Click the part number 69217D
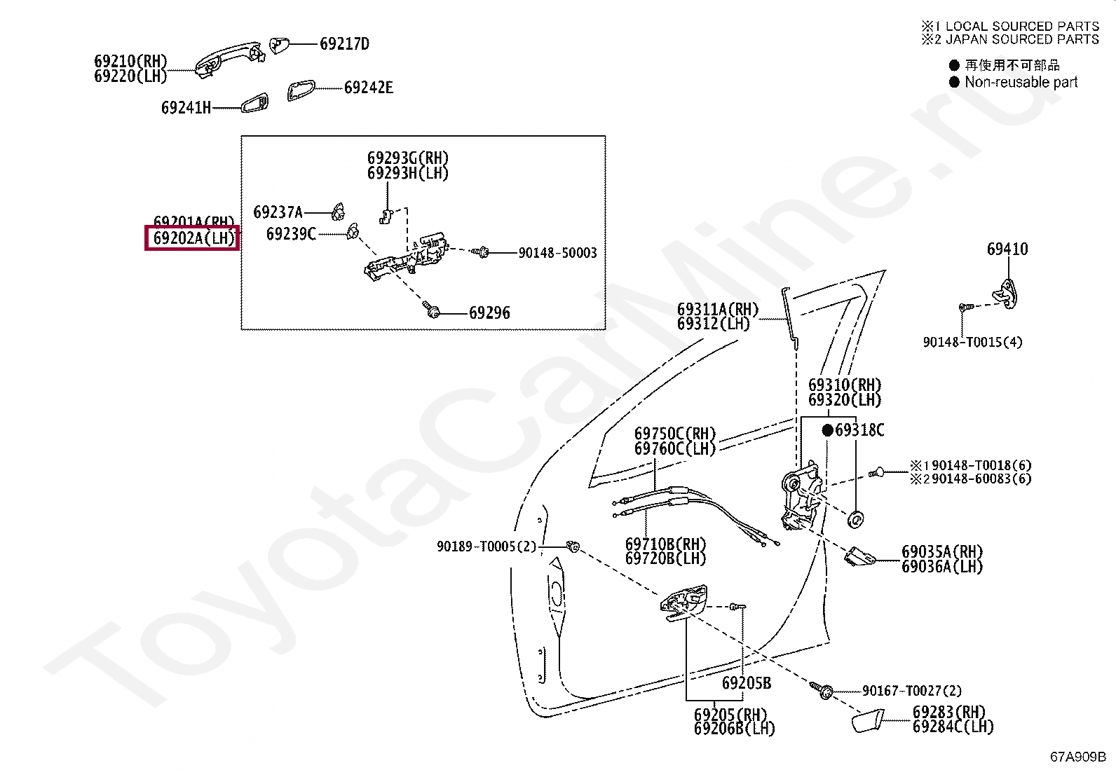click(344, 44)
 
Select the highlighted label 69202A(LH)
click(193, 238)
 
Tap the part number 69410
click(1007, 249)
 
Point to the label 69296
click(489, 313)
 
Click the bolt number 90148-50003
click(557, 253)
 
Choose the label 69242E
click(368, 88)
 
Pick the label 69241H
click(186, 108)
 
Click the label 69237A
click(278, 212)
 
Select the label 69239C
click(291, 233)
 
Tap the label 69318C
click(859, 430)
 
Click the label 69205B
click(747, 683)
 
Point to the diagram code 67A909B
click(1077, 757)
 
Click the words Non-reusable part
click(1021, 82)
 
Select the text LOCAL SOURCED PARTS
click(1022, 27)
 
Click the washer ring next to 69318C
click(856, 519)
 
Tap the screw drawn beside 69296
click(432, 309)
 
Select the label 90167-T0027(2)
click(911, 692)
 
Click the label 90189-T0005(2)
click(486, 546)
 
